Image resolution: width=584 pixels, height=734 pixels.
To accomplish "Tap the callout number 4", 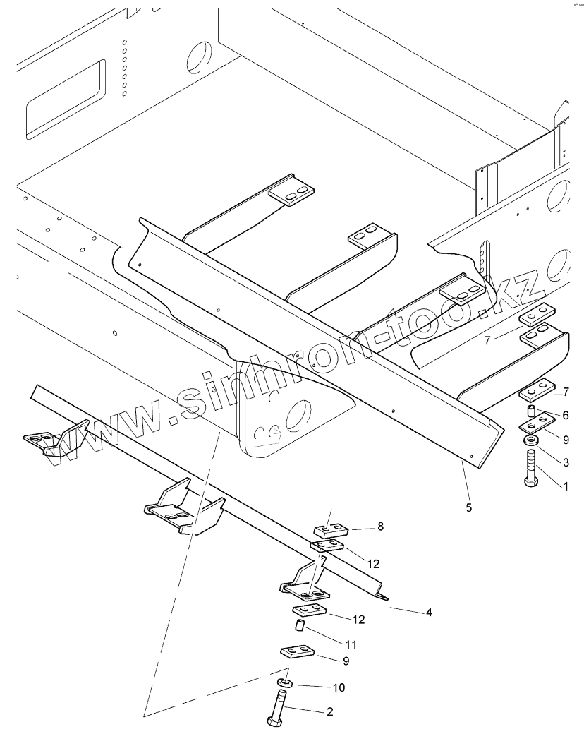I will tap(428, 612).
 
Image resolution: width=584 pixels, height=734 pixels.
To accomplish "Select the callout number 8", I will tap(380, 526).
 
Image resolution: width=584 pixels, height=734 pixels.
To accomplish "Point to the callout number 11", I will tap(351, 644).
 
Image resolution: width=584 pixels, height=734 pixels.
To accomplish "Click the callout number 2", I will tap(329, 711).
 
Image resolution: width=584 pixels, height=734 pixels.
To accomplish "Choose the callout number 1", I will tap(564, 486).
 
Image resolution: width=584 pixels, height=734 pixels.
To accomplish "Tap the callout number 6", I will tap(564, 416).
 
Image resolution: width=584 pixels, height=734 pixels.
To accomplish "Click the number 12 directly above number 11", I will tap(360, 620).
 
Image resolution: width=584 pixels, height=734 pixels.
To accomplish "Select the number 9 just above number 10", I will tap(345, 661).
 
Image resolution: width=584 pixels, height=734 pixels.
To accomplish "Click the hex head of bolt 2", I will tap(274, 723).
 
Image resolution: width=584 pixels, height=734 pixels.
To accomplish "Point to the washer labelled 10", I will tap(284, 682).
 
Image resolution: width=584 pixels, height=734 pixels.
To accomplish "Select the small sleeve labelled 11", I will tap(298, 625).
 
